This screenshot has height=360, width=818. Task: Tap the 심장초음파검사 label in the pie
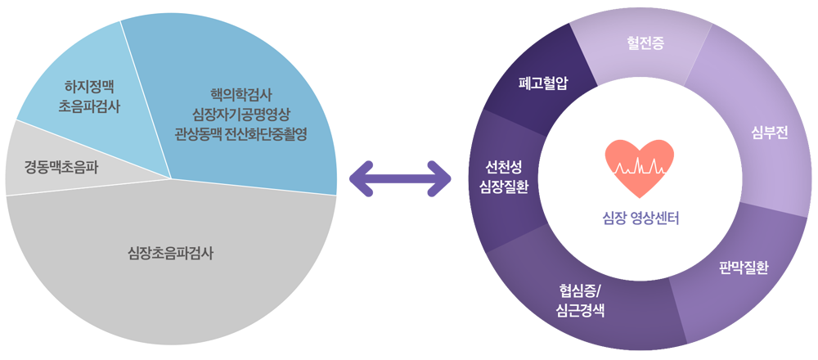click(x=171, y=255)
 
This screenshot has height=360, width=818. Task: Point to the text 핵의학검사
click(x=241, y=95)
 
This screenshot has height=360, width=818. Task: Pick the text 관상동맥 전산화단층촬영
click(x=241, y=135)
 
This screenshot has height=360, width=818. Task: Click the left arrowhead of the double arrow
click(x=362, y=178)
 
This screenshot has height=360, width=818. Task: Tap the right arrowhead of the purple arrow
click(x=438, y=178)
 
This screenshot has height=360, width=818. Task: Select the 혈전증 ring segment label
click(x=645, y=44)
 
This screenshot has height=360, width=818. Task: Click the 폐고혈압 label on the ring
click(x=542, y=83)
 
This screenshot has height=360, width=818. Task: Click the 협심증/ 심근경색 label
click(x=581, y=301)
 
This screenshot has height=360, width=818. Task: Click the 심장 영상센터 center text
click(x=640, y=218)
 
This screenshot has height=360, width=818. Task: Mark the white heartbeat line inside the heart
click(x=640, y=167)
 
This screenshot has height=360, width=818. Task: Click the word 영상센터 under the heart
click(x=654, y=218)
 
